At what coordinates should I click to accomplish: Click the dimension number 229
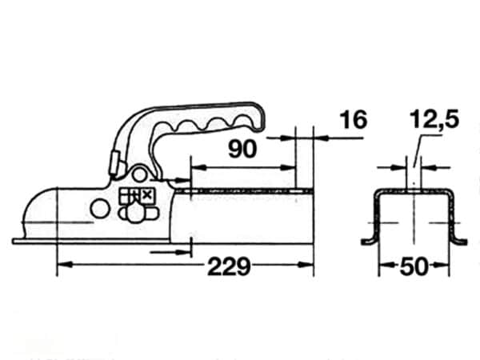pos(229,266)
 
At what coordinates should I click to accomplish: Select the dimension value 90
pos(242,149)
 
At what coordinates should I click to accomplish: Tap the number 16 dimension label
pos(354,120)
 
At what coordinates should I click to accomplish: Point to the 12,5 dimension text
pos(434,119)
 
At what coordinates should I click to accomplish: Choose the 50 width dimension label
pos(414,266)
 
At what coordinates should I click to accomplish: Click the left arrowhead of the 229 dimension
pos(65,264)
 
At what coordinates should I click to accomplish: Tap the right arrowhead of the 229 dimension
pos(306,264)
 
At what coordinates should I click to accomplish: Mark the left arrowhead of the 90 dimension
pos(198,167)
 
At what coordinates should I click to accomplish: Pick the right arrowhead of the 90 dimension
pos(288,167)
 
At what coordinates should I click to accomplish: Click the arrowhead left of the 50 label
pos(386,266)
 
